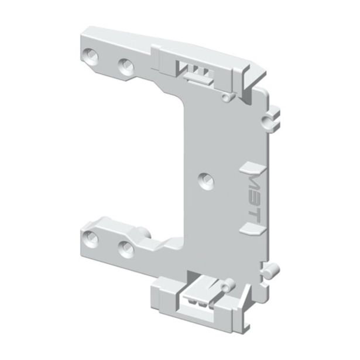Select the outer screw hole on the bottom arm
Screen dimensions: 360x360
(x=91, y=237)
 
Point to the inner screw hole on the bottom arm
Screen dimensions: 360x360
(x=124, y=247)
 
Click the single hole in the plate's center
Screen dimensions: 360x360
(x=204, y=179)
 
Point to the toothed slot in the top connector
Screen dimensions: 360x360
(x=196, y=73)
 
